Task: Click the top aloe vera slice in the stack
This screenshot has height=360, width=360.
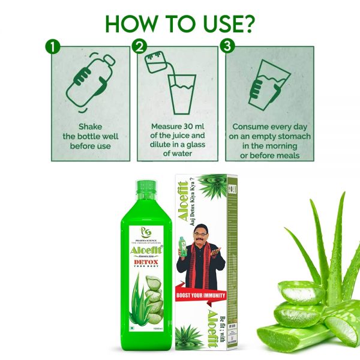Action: (x=300, y=292)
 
